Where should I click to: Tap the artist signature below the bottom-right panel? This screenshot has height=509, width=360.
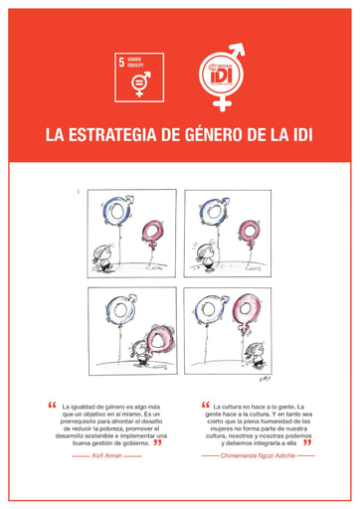pyautogui.click(x=263, y=379)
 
